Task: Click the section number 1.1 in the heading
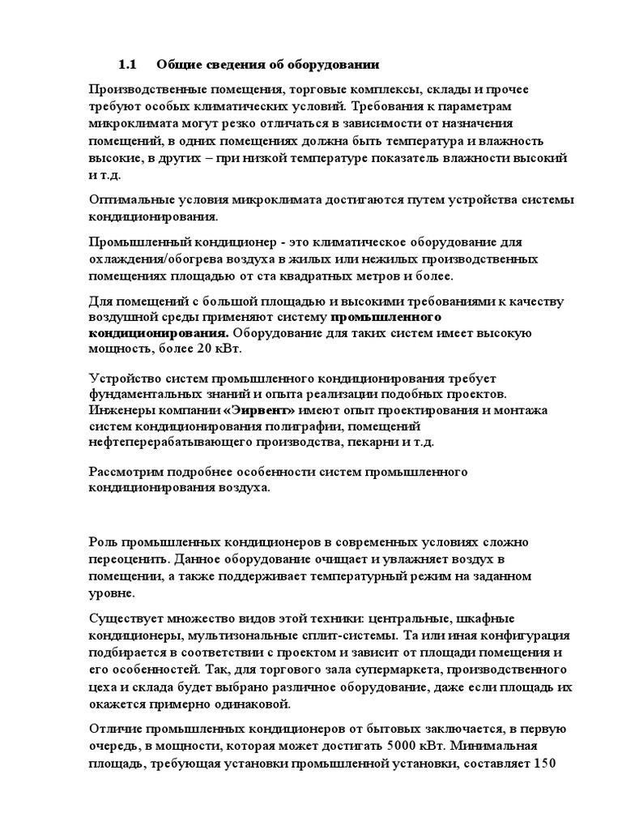(130, 64)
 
